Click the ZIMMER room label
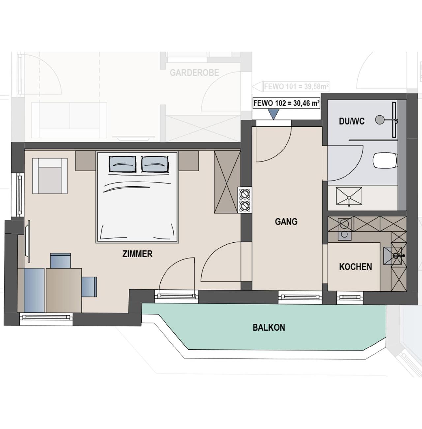point(137,254)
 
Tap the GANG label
point(286,222)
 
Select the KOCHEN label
point(355,267)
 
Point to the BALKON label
point(269,327)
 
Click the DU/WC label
point(352,121)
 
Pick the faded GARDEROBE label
point(195,73)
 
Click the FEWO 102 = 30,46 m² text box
point(286,104)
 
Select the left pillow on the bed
point(122,164)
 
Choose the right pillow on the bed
point(155,164)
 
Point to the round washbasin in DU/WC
point(379,120)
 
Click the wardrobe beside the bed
point(227,182)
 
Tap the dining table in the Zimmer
point(64,290)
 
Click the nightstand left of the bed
point(86,161)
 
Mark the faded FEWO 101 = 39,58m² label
point(296,86)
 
